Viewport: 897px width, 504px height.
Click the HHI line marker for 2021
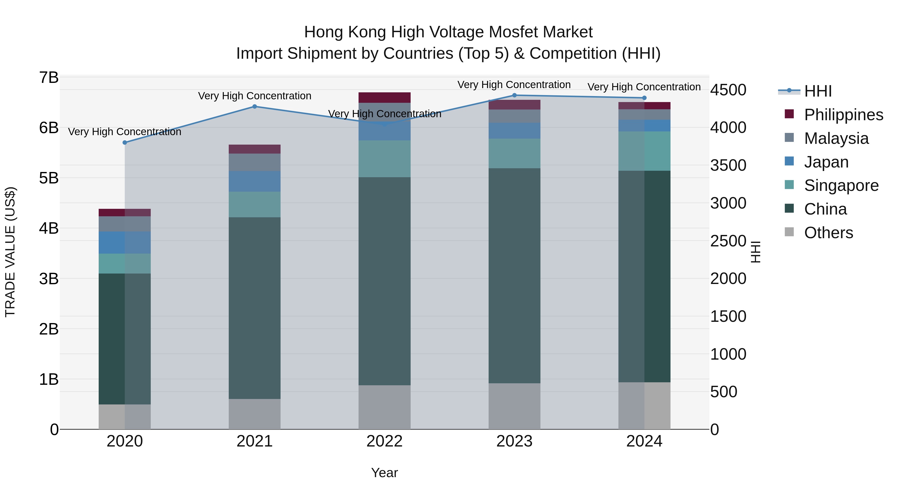(255, 107)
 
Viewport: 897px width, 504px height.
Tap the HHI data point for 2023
(514, 95)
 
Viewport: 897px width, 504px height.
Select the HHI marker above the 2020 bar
(125, 143)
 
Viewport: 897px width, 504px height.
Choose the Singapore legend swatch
(789, 185)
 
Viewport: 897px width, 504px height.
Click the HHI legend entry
(818, 91)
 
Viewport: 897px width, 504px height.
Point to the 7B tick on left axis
(49, 78)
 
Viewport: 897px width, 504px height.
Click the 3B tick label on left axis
(49, 279)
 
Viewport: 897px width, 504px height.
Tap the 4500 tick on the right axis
(728, 90)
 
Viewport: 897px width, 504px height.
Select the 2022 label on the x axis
(384, 441)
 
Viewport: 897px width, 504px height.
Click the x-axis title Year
(384, 473)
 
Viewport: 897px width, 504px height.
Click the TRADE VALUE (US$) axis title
(10, 252)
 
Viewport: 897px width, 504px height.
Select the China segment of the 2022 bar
(384, 281)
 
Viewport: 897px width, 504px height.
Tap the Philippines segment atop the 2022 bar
(384, 97)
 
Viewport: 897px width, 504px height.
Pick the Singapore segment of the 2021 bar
(255, 205)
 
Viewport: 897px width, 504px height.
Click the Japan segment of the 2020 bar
(125, 242)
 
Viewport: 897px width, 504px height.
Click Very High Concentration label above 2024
(644, 87)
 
